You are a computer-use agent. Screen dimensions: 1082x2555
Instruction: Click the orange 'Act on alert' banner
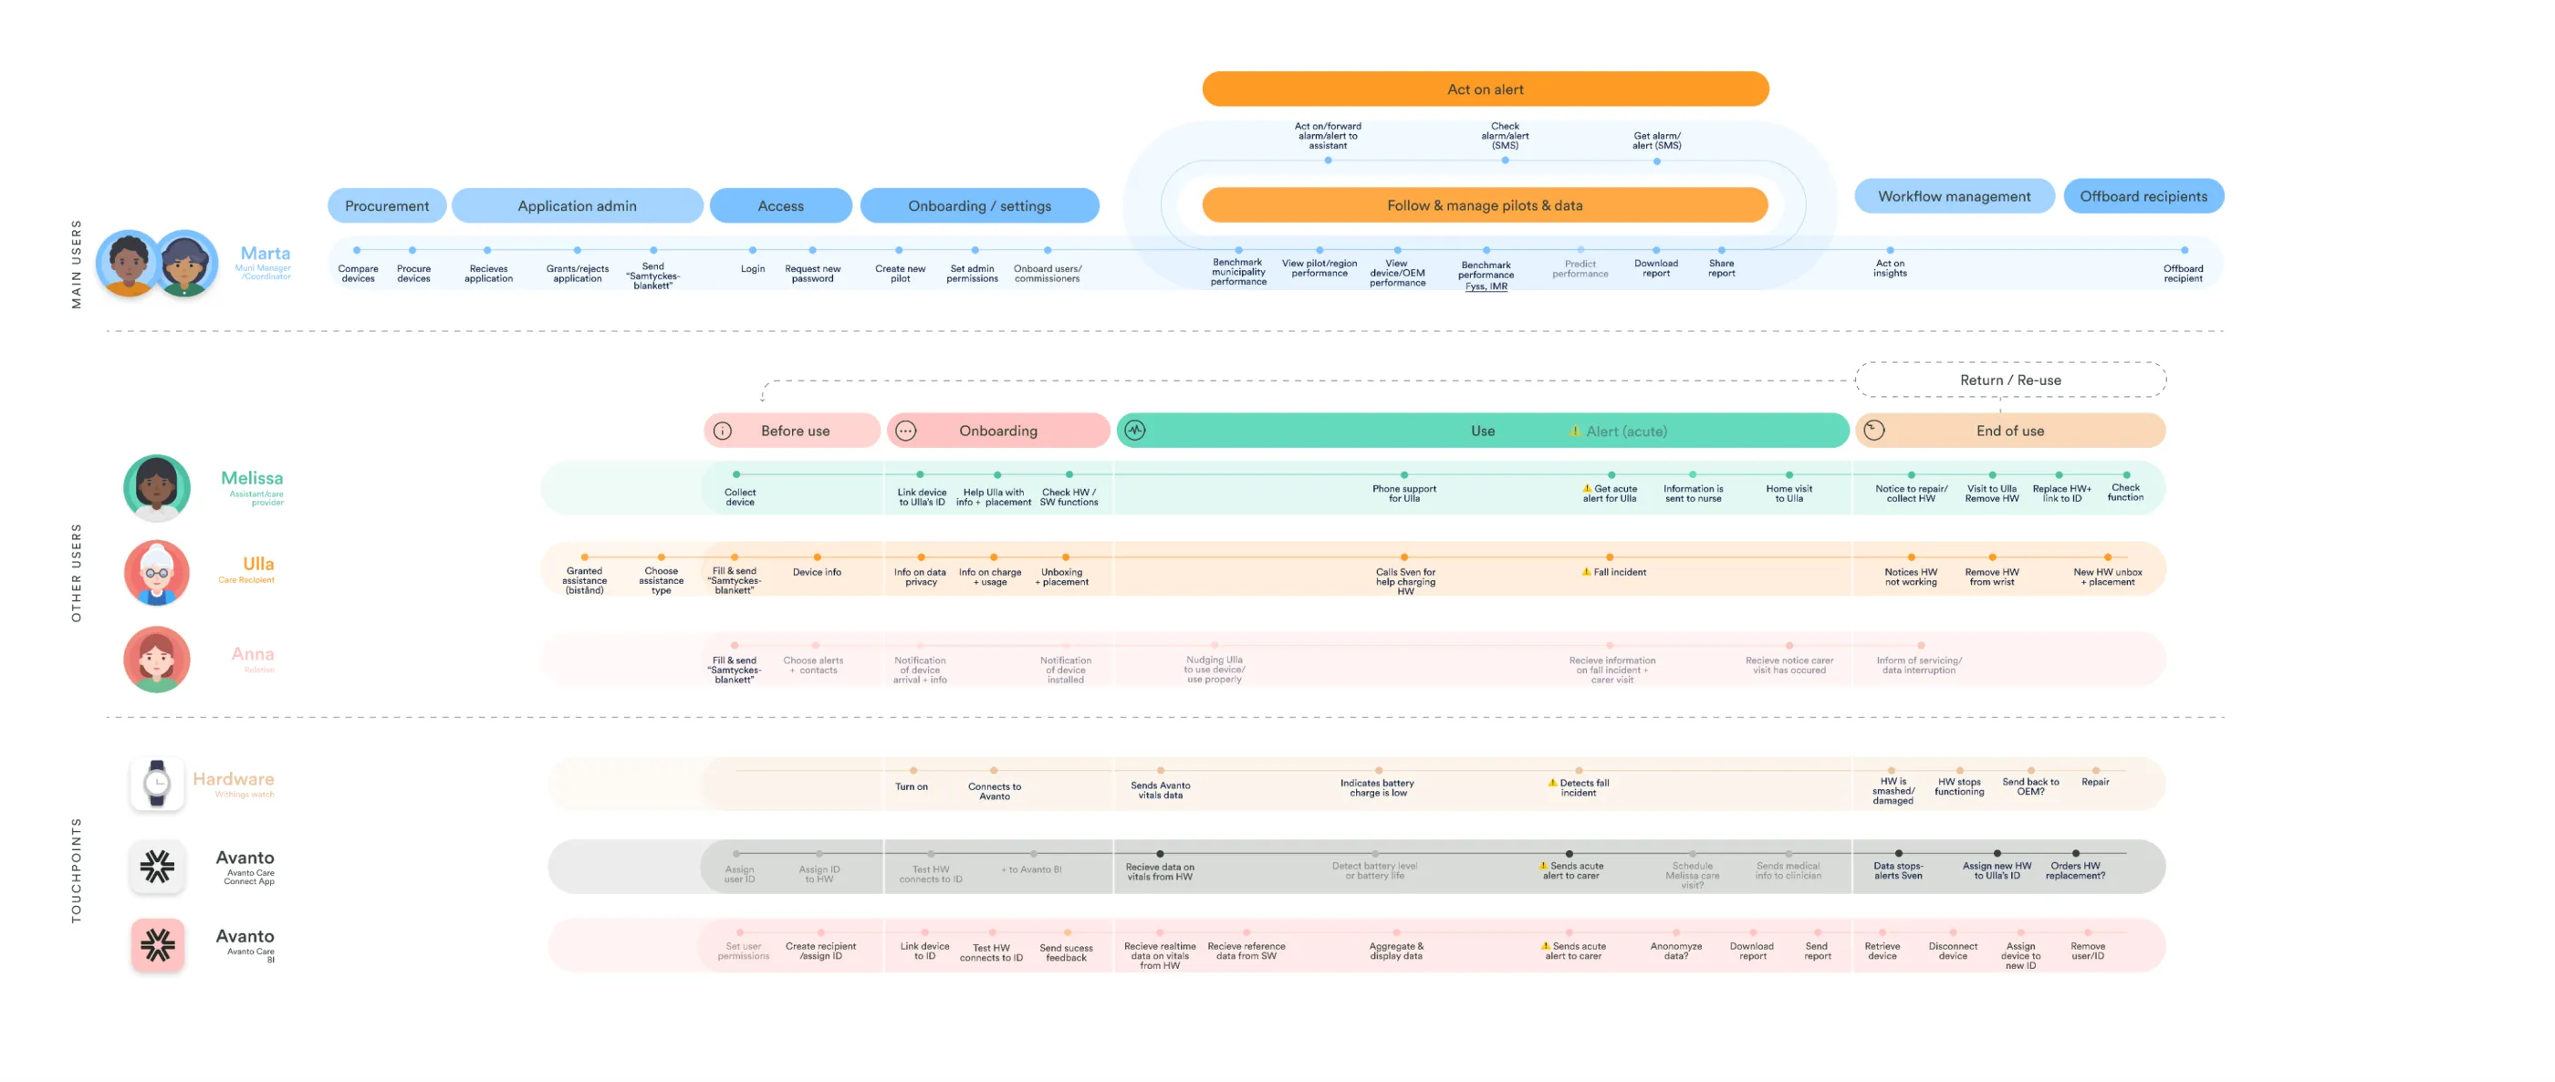[1485, 89]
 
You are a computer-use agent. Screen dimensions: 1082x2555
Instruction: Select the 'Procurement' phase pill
[387, 205]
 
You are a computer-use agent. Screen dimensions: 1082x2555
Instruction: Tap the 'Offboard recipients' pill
[2143, 196]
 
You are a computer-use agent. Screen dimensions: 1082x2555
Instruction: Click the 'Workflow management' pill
[1953, 196]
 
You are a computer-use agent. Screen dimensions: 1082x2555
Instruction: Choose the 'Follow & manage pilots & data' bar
[1484, 205]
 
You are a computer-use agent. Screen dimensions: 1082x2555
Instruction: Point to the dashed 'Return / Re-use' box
[2009, 380]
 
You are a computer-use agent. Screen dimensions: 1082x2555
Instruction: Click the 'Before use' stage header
[794, 431]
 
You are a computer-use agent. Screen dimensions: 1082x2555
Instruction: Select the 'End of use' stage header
[2009, 431]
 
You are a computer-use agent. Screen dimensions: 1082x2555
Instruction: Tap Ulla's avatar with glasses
[157, 572]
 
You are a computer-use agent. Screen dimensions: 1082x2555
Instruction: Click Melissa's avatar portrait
[157, 487]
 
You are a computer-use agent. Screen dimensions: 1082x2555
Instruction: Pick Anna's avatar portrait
[157, 659]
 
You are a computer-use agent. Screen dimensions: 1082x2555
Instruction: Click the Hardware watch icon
[157, 784]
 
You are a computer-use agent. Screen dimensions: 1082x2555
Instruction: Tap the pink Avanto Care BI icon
[157, 944]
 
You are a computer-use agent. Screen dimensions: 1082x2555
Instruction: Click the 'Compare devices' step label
[358, 273]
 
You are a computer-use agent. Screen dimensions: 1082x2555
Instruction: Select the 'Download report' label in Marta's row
[1655, 268]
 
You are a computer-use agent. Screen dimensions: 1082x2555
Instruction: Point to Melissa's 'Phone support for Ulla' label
[1403, 493]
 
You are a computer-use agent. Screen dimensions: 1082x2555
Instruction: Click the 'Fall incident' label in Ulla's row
[1618, 572]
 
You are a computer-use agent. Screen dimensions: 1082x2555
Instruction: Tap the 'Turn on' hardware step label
[912, 786]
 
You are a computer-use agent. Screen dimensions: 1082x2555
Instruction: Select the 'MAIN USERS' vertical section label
[77, 264]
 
